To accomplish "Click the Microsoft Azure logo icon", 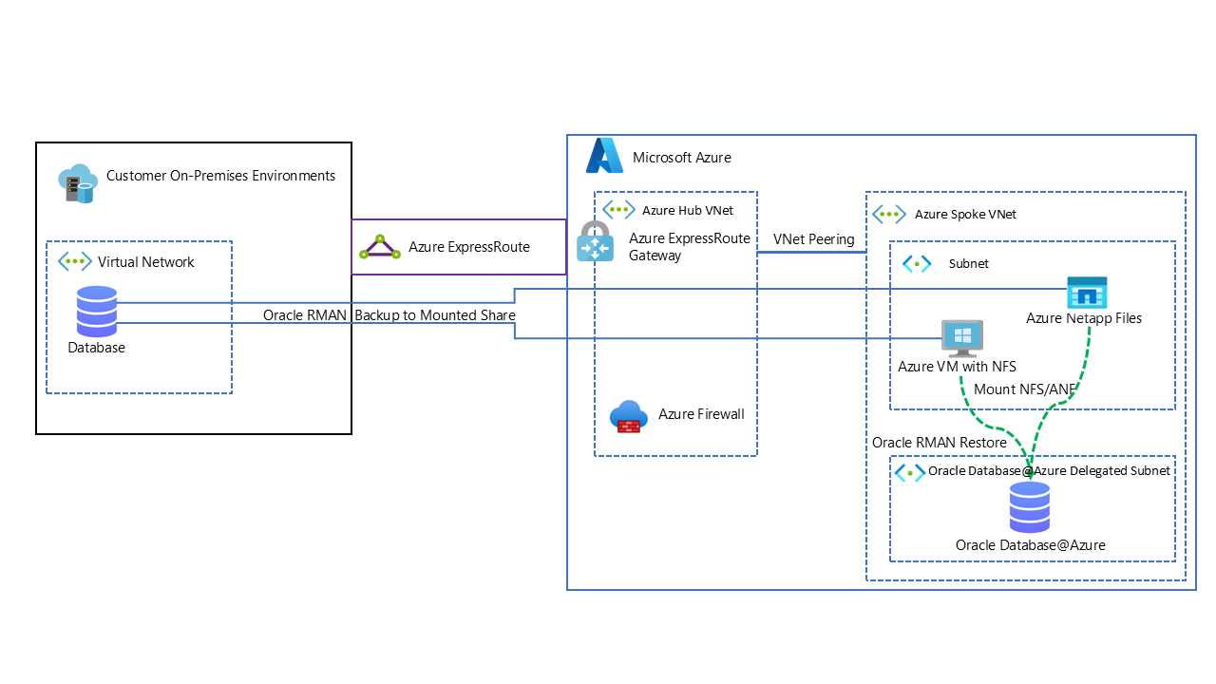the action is click(x=604, y=156).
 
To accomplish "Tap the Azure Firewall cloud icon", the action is click(x=629, y=416).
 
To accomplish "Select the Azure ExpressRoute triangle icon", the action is click(x=380, y=247).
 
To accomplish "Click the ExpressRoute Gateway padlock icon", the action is click(x=595, y=241).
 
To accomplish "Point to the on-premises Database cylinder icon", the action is click(x=97, y=312).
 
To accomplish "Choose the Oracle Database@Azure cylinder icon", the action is click(x=1029, y=507).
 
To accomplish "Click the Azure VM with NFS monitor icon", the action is click(x=962, y=337).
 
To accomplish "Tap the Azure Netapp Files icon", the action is click(x=1087, y=293).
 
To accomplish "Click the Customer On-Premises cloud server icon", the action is click(x=78, y=183).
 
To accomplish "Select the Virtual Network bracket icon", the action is click(x=75, y=261).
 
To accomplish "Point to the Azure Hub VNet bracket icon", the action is click(x=618, y=210).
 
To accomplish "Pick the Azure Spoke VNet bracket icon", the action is click(x=889, y=214).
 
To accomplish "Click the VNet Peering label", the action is click(x=814, y=239).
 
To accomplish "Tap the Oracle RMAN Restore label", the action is click(x=940, y=443).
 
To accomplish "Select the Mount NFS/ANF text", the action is click(x=1025, y=389).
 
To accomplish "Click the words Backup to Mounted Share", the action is click(x=435, y=315).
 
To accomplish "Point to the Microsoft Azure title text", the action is click(x=682, y=158).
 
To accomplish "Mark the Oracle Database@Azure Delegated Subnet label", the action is click(x=1049, y=470).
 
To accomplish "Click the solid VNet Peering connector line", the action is click(x=811, y=253).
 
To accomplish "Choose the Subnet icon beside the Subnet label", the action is click(x=917, y=264).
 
